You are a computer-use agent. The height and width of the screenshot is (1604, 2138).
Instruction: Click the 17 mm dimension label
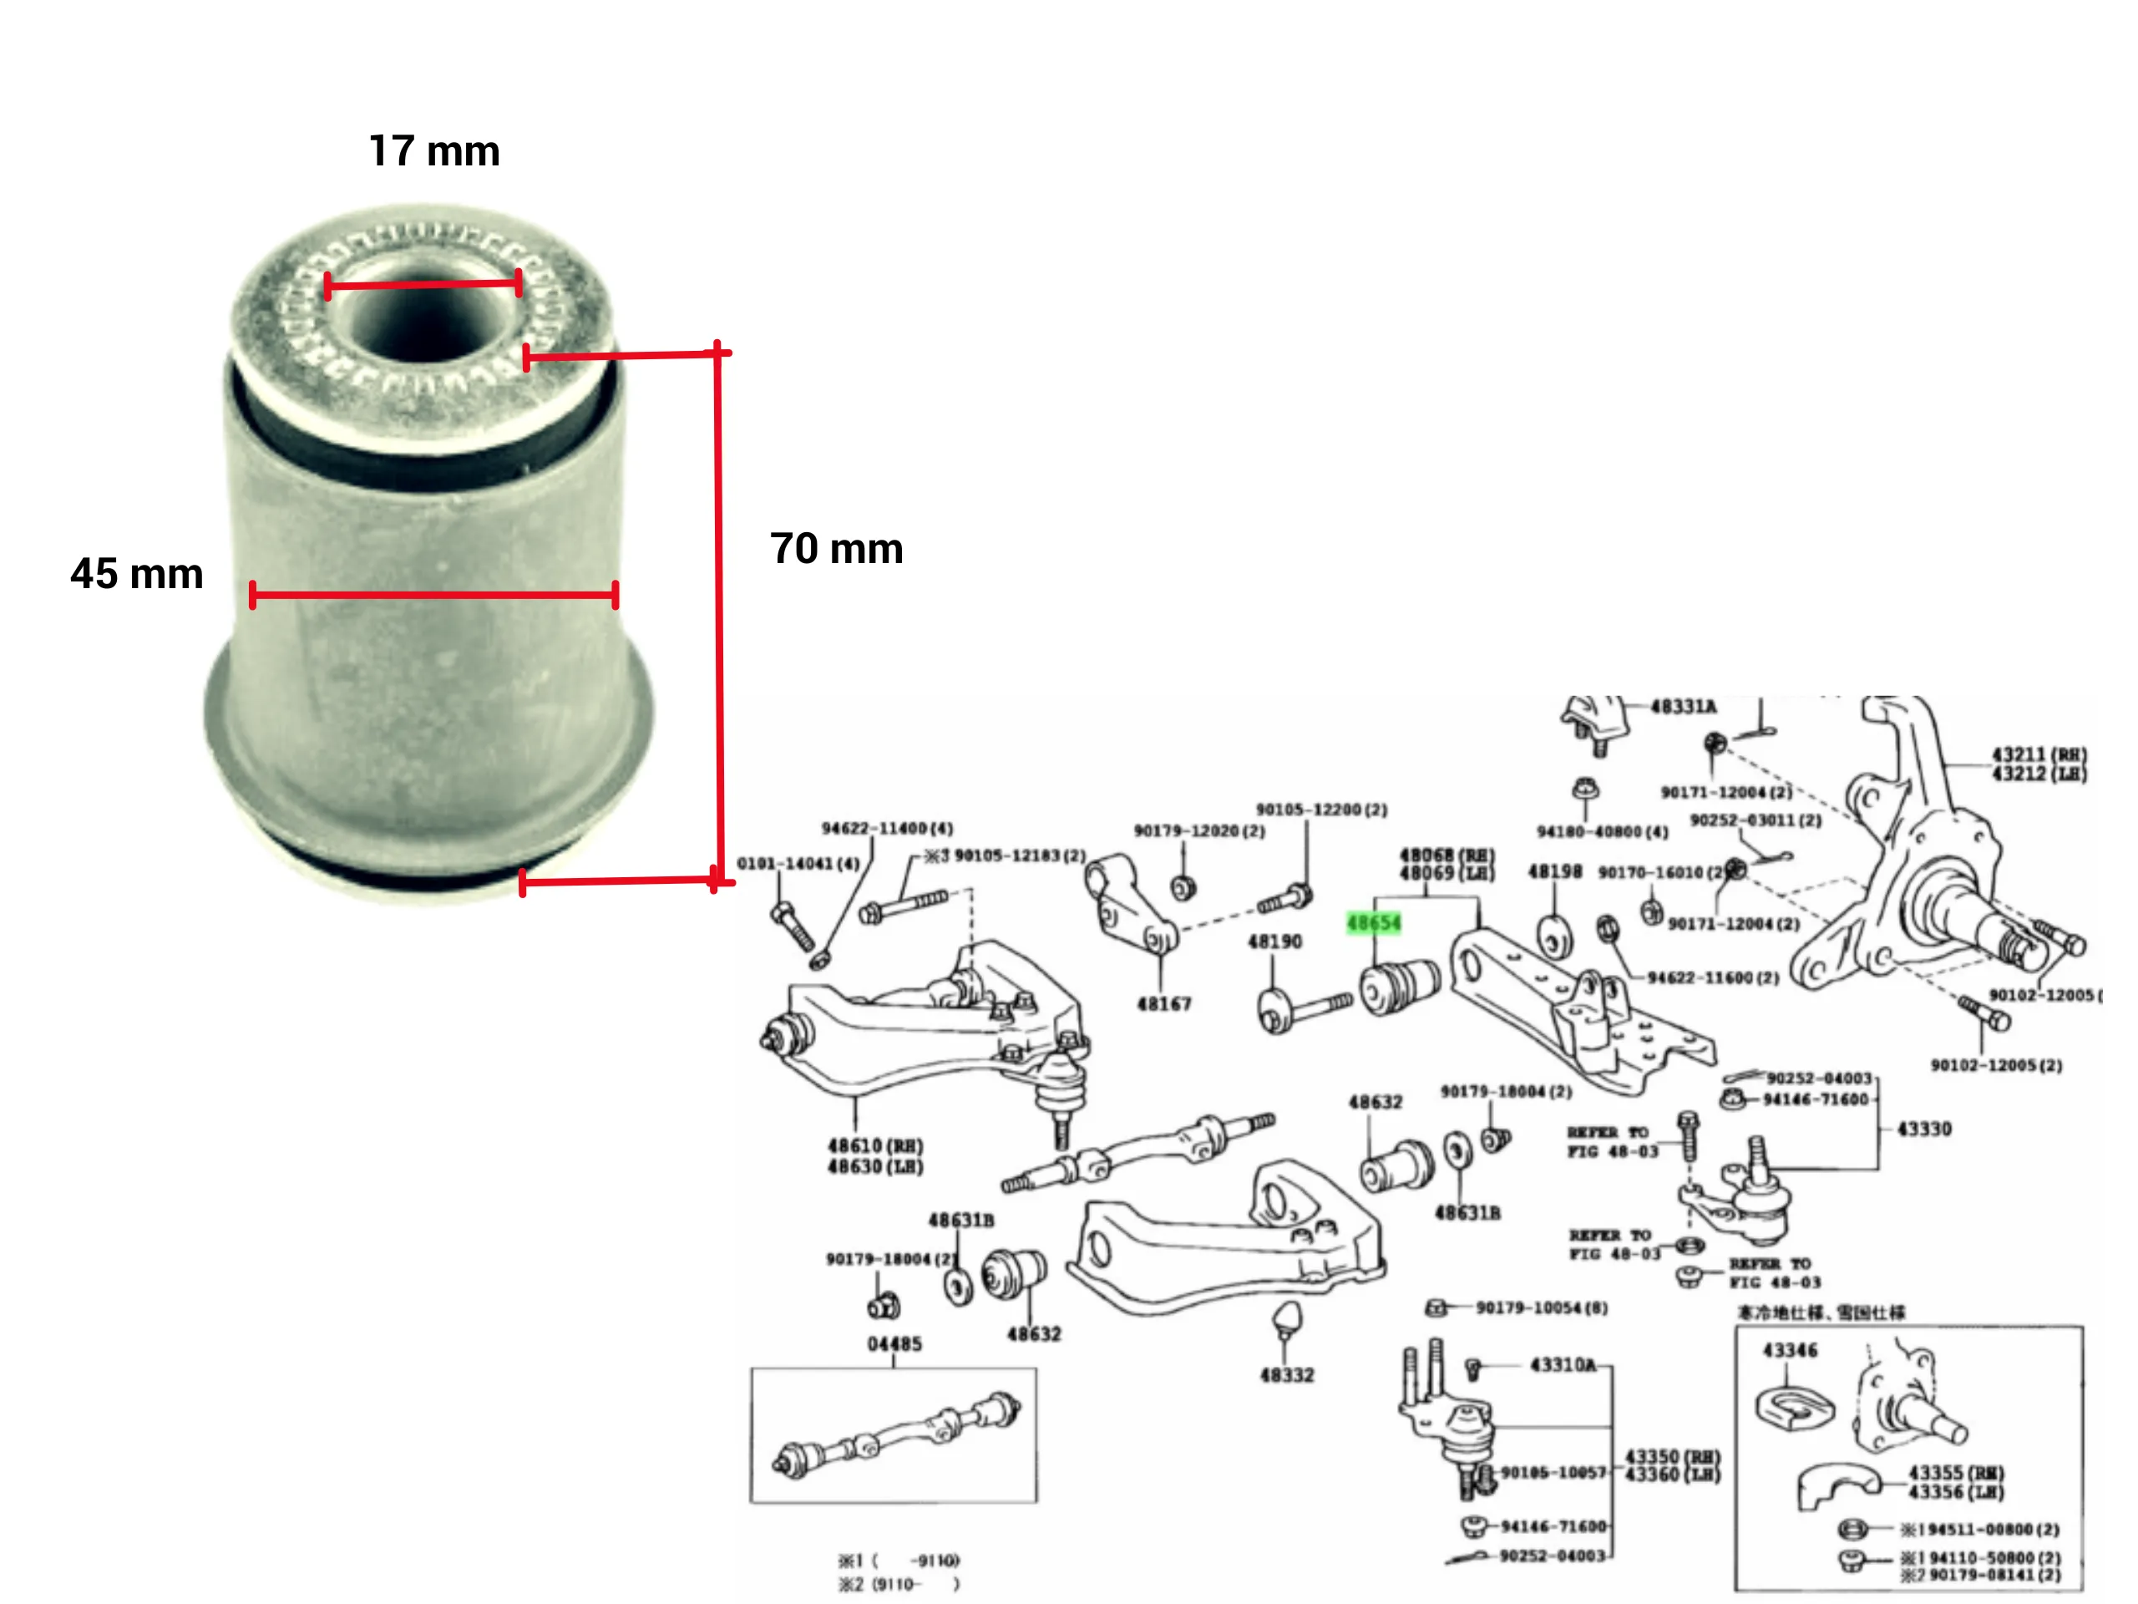[x=434, y=152]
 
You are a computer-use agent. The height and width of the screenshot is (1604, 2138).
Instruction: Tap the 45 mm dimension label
[x=136, y=573]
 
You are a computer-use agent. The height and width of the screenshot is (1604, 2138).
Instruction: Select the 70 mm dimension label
[x=836, y=548]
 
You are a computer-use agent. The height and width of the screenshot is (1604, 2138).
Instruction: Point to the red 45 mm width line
[x=433, y=595]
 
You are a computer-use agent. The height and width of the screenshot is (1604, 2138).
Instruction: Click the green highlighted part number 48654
[x=1372, y=922]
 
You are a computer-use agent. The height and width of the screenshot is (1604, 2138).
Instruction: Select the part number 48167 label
[x=1163, y=1003]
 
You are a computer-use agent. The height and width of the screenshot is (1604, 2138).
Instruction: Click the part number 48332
[x=1286, y=1374]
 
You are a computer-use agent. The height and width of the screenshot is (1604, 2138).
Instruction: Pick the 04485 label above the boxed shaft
[x=894, y=1343]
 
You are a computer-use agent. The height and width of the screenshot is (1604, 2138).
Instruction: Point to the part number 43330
[x=1923, y=1129]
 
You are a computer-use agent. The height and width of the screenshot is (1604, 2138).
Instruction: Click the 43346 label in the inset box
[x=1790, y=1350]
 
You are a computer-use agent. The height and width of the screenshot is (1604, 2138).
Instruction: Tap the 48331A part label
[x=1683, y=707]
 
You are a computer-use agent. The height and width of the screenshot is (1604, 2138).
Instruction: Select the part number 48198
[x=1554, y=871]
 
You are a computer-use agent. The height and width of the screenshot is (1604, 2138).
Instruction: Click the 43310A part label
[x=1563, y=1364]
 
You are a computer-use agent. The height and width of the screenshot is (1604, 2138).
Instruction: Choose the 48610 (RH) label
[x=874, y=1145]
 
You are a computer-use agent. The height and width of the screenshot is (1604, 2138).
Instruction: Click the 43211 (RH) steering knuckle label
[x=2039, y=754]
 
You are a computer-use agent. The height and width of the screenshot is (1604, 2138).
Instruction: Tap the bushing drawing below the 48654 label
[x=1400, y=985]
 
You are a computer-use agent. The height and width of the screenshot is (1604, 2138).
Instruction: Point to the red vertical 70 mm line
[x=719, y=619]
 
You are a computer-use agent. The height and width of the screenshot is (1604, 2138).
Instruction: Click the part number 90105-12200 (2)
[x=1321, y=810]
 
